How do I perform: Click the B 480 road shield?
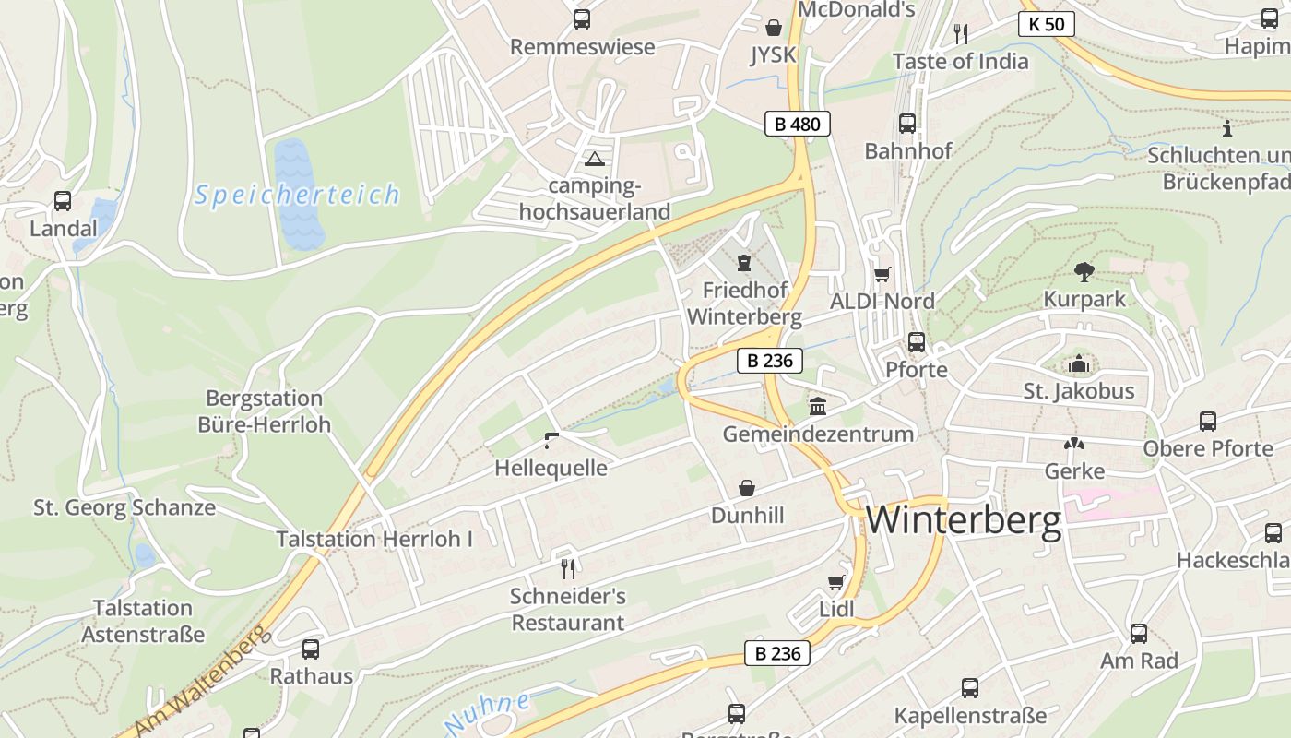pos(798,124)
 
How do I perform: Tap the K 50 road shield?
pos(1047,24)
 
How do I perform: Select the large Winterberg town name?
pos(964,520)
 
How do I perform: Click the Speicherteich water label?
pos(298,195)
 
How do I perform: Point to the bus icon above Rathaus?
pos(311,649)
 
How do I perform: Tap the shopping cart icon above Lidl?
pos(836,582)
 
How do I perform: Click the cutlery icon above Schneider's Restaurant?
pos(568,568)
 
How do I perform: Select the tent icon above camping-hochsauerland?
pos(595,159)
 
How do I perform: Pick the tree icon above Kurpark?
pos(1084,271)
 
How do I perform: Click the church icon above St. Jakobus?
pos(1078,364)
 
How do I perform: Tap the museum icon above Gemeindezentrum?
pos(818,406)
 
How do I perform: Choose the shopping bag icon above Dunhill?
pos(747,487)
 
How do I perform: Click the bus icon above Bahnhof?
pos(907,123)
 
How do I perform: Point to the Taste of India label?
pos(961,61)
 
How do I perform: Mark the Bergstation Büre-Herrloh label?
pos(264,411)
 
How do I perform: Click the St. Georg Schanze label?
pos(124,507)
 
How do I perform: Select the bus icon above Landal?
pos(63,200)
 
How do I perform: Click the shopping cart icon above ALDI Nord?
pos(882,274)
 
